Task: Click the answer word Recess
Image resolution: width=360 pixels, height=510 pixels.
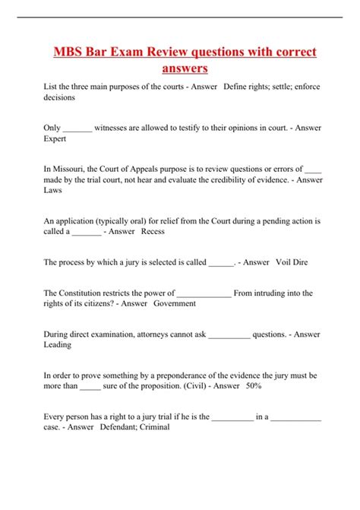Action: (153, 232)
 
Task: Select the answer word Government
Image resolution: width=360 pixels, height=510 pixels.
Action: (175, 303)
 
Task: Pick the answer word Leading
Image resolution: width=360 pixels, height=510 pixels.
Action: (58, 344)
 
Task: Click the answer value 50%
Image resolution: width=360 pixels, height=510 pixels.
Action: (254, 385)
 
